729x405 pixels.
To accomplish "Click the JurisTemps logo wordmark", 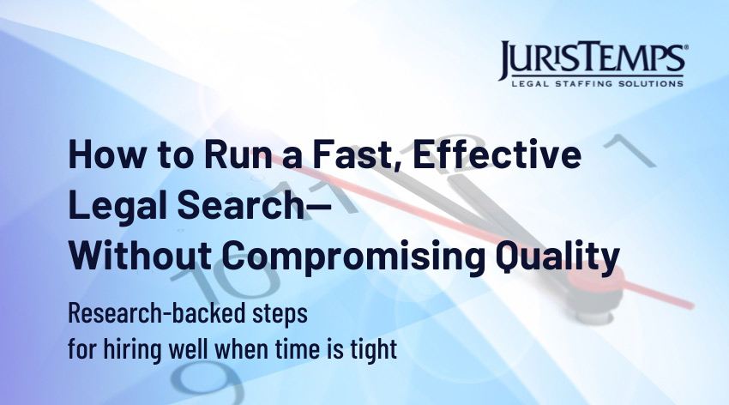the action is point(593,58).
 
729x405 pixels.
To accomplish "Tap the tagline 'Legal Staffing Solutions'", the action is point(598,84).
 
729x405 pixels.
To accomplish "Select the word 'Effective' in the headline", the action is point(497,154).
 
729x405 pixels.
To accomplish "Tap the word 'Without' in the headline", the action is point(140,256).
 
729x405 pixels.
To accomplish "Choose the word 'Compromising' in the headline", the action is point(352,257).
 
